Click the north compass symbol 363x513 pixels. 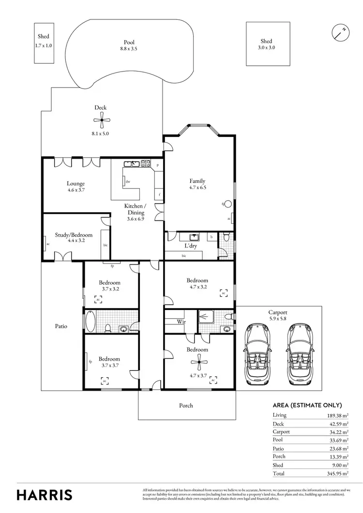point(341,32)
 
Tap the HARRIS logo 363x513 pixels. point(45,494)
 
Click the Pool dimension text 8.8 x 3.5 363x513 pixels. point(129,48)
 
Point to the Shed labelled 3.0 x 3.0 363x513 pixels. point(266,44)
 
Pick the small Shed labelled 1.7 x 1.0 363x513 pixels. point(44,43)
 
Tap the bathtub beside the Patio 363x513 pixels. point(91,321)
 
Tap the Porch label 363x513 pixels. point(186,406)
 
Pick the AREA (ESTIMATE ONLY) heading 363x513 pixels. point(307,405)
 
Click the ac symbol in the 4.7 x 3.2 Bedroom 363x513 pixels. point(224,293)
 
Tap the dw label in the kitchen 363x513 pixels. point(127,182)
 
